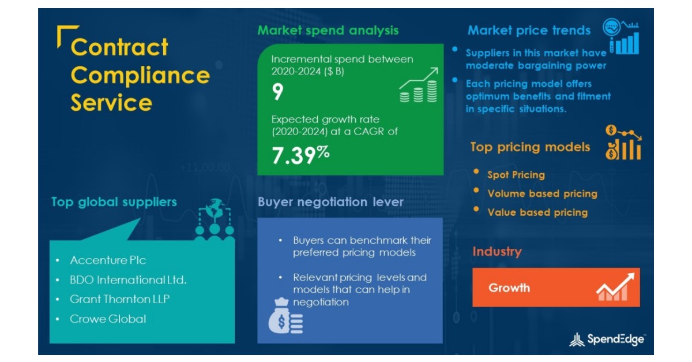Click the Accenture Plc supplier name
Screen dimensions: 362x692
tap(108, 260)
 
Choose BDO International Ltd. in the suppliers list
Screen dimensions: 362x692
tap(128, 280)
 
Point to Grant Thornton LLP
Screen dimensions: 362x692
tap(119, 299)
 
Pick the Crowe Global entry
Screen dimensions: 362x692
tap(108, 319)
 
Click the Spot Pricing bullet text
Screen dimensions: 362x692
tap(516, 175)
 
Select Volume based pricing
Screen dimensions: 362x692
tap(542, 194)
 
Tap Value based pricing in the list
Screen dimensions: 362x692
tap(537, 212)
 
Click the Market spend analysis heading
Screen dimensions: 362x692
tap(328, 31)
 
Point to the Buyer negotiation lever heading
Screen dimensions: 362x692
tap(330, 202)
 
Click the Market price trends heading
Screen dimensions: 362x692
tap(529, 31)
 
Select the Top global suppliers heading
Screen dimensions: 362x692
tap(114, 202)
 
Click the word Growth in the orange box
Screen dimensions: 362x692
tap(509, 288)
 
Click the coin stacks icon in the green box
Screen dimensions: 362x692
tap(418, 87)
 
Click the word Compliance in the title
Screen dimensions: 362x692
tap(140, 75)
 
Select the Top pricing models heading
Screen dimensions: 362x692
tap(530, 147)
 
